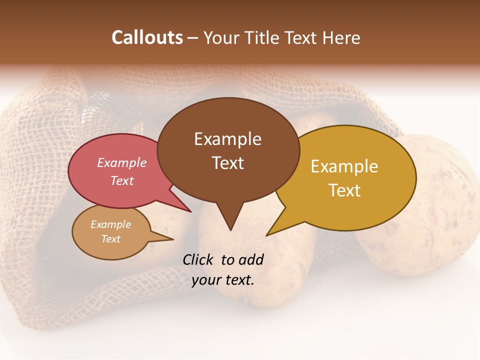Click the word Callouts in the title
tap(147, 37)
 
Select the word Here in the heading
tap(341, 37)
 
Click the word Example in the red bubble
tap(121, 162)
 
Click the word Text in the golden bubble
tap(344, 190)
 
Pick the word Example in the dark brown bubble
tap(227, 139)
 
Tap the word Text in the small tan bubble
tap(110, 239)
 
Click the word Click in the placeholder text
tap(198, 259)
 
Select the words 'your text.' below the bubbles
tap(223, 280)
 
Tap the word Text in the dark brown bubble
tap(227, 163)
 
